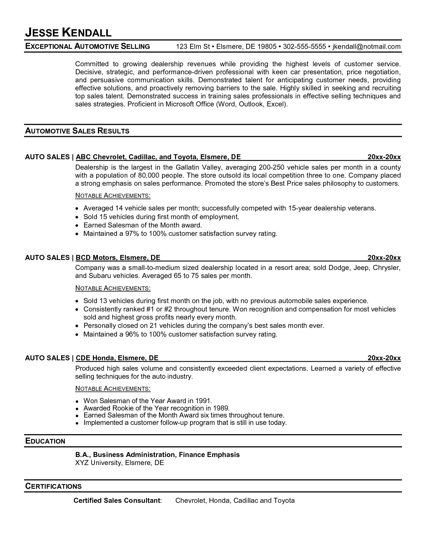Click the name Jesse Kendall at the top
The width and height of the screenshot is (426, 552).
pos(68,32)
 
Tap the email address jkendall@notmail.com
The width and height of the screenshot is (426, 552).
pos(366,47)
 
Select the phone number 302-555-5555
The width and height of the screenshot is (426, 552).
pos(304,47)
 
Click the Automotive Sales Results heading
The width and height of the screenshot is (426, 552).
pos(77,131)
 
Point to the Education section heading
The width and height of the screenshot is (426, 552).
pos(45,441)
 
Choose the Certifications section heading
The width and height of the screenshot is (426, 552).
pos(53,486)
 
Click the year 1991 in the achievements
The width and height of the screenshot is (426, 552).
pos(204,400)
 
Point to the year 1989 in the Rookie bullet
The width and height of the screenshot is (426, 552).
pos(221,408)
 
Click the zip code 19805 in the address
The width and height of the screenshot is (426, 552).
pos(267,47)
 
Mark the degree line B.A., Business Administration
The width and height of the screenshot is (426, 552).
pos(125,455)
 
